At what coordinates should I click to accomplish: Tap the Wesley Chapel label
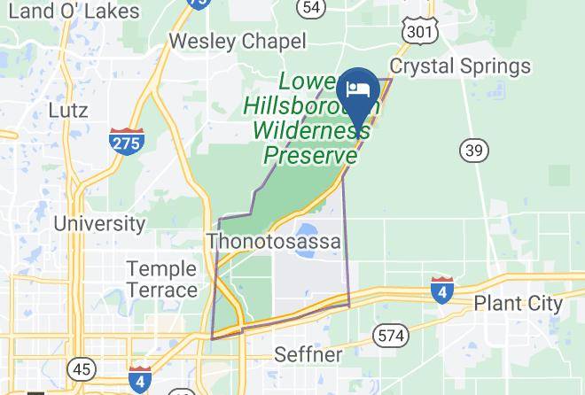(237, 41)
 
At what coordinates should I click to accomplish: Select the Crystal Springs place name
(460, 66)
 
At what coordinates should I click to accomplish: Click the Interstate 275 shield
(127, 141)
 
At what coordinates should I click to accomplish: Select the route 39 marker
(474, 151)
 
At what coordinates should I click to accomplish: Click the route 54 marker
(310, 7)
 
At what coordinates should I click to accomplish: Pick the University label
(99, 223)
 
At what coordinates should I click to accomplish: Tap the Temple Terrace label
(161, 279)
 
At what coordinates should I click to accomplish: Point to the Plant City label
(518, 303)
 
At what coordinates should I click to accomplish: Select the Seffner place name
(308, 355)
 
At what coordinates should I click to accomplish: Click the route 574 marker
(391, 335)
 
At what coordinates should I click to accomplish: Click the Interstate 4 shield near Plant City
(441, 290)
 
